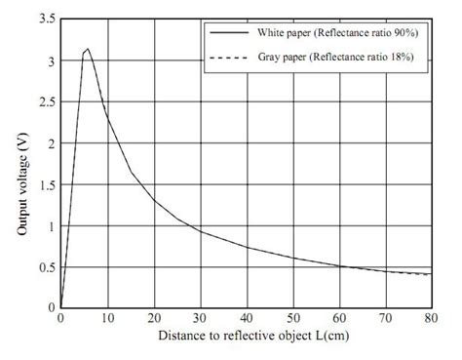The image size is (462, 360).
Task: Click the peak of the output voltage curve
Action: pyautogui.click(x=88, y=49)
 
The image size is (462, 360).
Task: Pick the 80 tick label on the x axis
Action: pyautogui.click(x=431, y=318)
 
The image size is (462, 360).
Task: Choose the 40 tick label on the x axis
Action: pyautogui.click(x=246, y=318)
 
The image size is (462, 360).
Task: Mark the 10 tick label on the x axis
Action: pyautogui.click(x=107, y=318)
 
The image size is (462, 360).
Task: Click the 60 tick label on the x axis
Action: pyautogui.click(x=338, y=318)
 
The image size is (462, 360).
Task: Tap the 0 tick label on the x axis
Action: pyautogui.click(x=60, y=318)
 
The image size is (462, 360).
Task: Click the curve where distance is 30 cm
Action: pyautogui.click(x=200, y=230)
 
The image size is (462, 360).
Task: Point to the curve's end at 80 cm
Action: pyautogui.click(x=430, y=274)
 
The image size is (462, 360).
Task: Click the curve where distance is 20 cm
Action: pyautogui.click(x=153, y=200)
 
